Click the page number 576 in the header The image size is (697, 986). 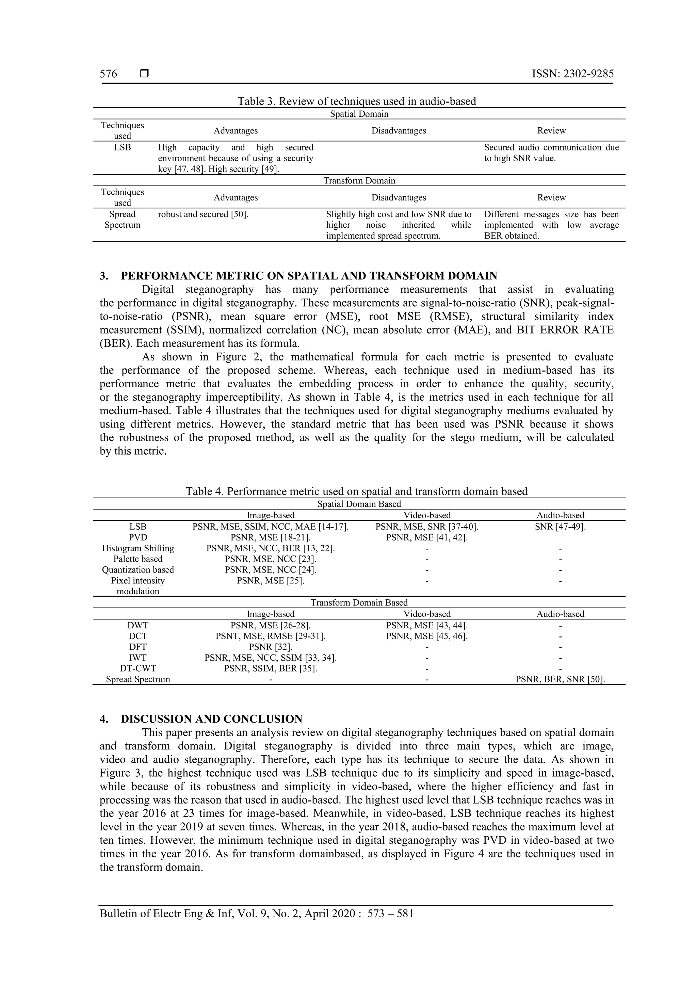coord(108,74)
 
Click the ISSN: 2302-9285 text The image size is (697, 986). coord(572,74)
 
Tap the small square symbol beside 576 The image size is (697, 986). coord(144,74)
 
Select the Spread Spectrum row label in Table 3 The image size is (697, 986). coord(123,220)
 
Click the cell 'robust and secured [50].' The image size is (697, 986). coord(203,214)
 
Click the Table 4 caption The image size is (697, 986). coord(356,491)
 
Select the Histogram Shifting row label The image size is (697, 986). coord(138,548)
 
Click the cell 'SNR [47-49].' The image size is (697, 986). coord(560,527)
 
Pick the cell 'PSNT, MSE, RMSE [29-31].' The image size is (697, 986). coord(270,636)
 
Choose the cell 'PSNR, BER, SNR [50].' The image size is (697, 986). coord(560,679)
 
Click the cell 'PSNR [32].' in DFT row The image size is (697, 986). coord(270,647)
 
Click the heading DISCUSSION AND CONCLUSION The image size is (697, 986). coord(211,719)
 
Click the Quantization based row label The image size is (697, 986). coord(138,570)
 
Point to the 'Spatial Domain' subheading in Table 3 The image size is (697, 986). coord(359,114)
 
